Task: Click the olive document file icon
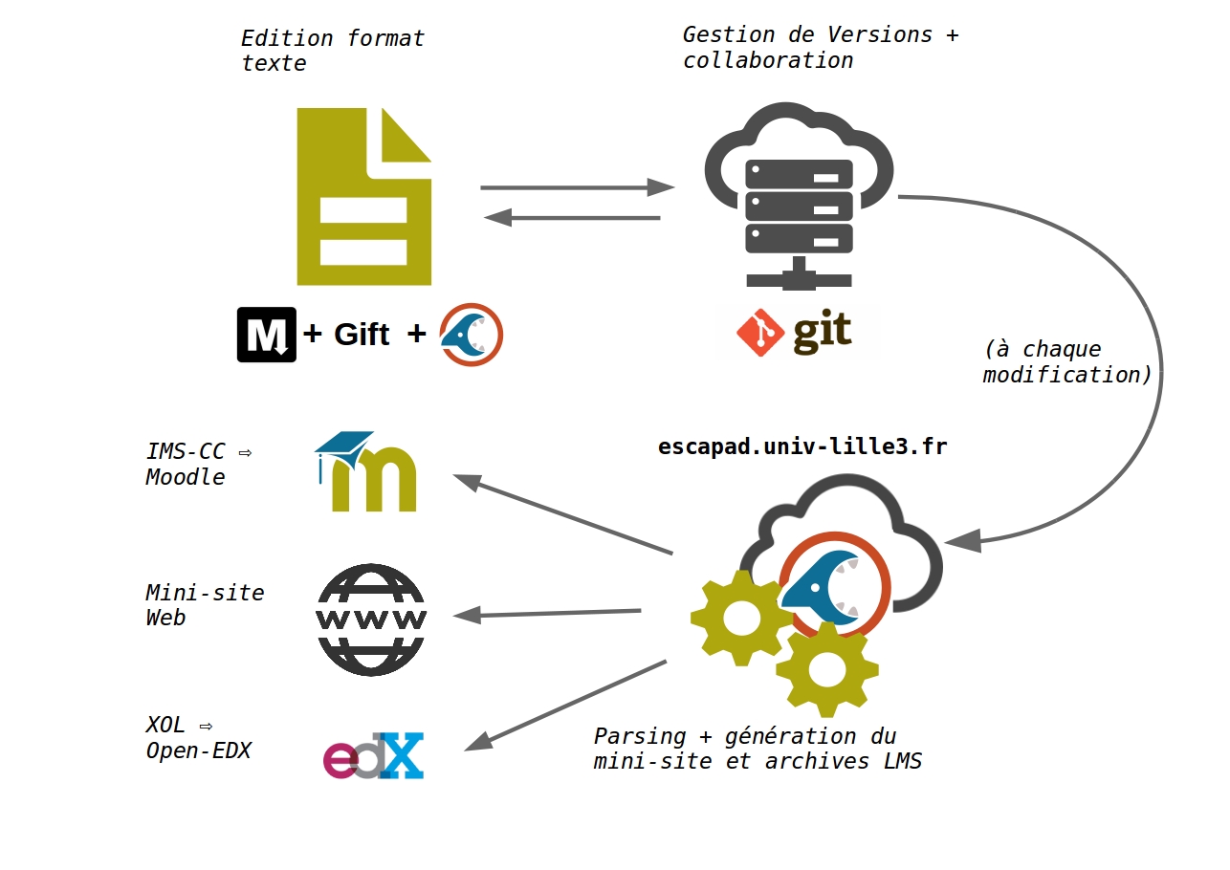(x=363, y=197)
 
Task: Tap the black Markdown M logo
(x=266, y=335)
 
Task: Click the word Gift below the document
(x=362, y=335)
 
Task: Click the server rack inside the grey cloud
(x=799, y=206)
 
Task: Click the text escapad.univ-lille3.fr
(x=802, y=446)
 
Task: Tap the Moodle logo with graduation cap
(x=366, y=471)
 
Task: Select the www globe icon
(x=371, y=620)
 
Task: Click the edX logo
(x=373, y=755)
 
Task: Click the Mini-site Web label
(x=205, y=605)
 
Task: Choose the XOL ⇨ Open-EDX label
(x=198, y=738)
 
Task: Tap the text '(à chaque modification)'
(x=1067, y=361)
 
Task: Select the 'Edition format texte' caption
(x=332, y=51)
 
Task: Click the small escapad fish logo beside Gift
(x=471, y=335)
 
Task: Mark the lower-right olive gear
(x=826, y=668)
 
